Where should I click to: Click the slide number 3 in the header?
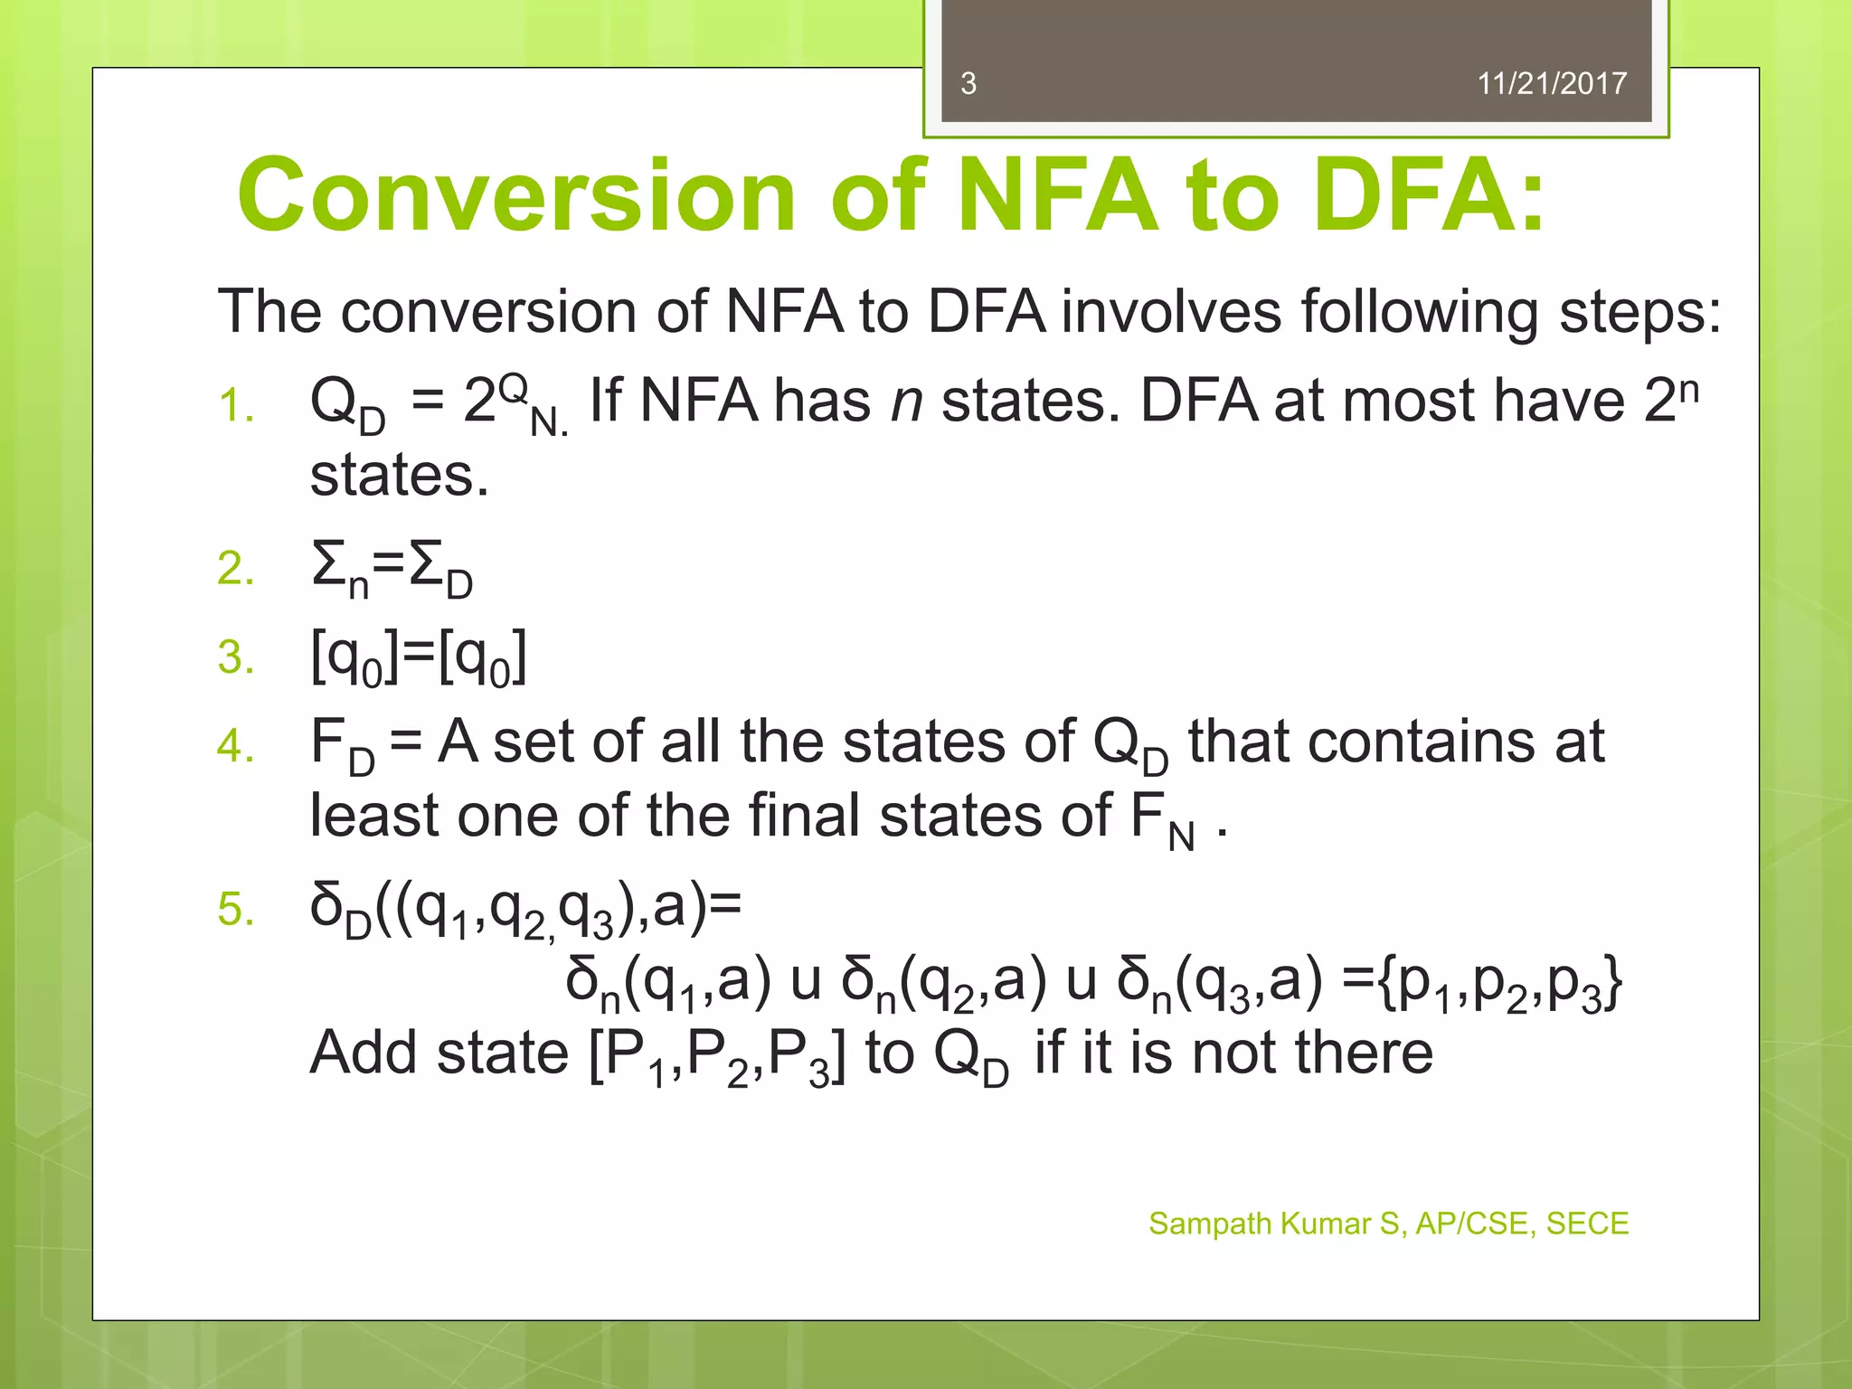tap(968, 83)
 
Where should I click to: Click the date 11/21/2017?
tap(1551, 83)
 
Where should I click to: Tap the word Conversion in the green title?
tap(515, 195)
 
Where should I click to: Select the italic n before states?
tap(906, 402)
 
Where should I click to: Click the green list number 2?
tap(235, 569)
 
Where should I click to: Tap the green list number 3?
tap(235, 657)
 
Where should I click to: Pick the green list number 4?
tap(235, 745)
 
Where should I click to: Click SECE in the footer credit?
tap(1586, 1224)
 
